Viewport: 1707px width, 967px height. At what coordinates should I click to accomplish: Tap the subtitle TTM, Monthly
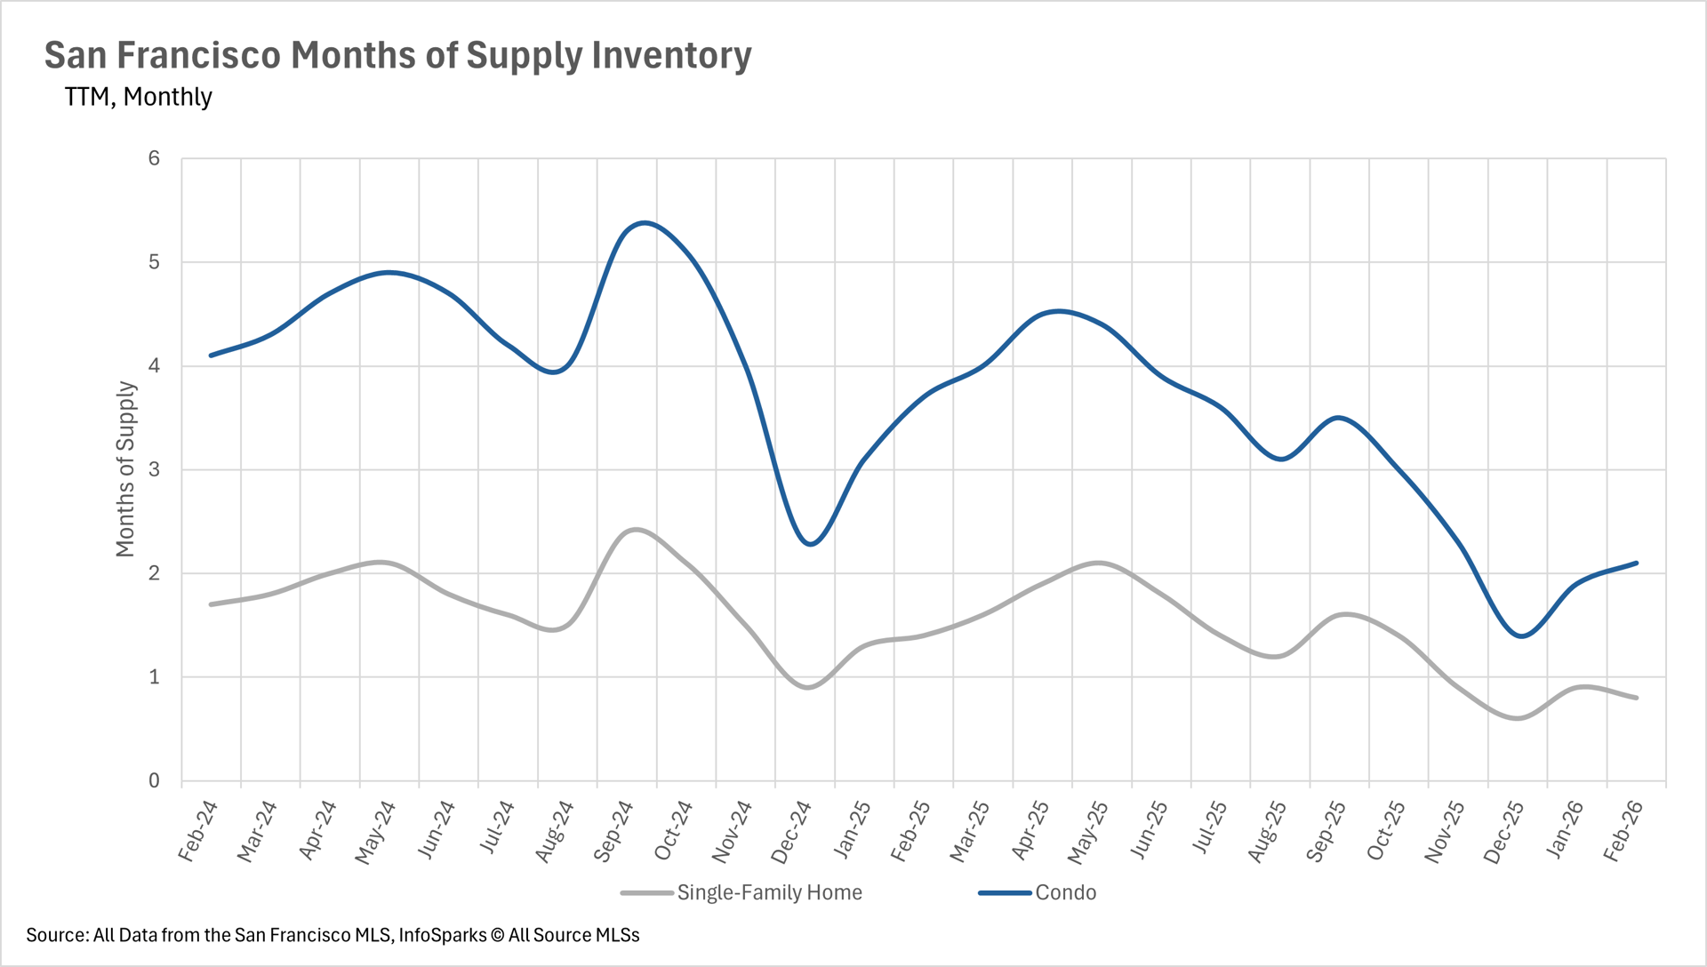pos(138,97)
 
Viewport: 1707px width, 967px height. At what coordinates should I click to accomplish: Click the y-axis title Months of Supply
pos(125,469)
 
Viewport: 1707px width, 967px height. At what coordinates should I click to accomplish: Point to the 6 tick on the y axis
pos(155,158)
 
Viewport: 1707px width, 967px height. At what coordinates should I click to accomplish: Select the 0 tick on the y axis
pos(155,780)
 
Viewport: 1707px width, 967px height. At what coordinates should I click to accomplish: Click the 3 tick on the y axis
pos(155,469)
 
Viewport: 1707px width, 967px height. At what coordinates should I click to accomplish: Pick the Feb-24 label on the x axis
pos(198,831)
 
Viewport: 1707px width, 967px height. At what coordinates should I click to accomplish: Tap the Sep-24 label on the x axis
pos(613,831)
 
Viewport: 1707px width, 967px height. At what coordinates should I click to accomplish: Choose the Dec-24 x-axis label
pos(791,832)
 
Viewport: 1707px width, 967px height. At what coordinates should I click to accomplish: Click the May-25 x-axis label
pos(1088,832)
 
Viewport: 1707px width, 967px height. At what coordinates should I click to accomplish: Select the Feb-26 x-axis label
pos(1623,831)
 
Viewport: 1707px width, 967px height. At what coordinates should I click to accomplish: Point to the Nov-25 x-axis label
pos(1445,832)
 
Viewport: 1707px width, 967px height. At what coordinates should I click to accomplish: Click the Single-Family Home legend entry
pos(769,892)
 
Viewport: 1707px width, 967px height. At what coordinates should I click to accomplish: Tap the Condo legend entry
pos(1065,892)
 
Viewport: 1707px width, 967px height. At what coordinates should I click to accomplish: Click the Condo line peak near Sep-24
pos(644,222)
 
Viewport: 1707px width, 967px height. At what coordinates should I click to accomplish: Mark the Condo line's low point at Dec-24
pos(810,544)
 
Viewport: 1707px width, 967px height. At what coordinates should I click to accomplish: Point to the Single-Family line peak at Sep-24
pos(637,530)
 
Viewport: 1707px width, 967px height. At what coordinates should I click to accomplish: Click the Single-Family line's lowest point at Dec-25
pos(1518,718)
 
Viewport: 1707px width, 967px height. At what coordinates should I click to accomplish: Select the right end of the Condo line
pos(1636,563)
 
